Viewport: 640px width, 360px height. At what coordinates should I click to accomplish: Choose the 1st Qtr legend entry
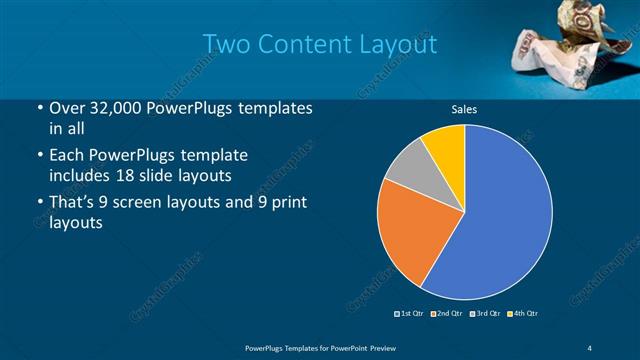[409, 314]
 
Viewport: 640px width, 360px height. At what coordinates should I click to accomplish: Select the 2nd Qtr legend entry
[447, 314]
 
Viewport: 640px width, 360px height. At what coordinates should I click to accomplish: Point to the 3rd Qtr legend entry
[486, 314]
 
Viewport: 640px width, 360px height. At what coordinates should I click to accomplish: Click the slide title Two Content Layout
[319, 45]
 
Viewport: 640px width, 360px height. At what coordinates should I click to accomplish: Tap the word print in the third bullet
[282, 204]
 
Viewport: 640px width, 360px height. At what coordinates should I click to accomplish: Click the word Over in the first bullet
[64, 108]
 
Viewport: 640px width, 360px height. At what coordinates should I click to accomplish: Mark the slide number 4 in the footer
[590, 347]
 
